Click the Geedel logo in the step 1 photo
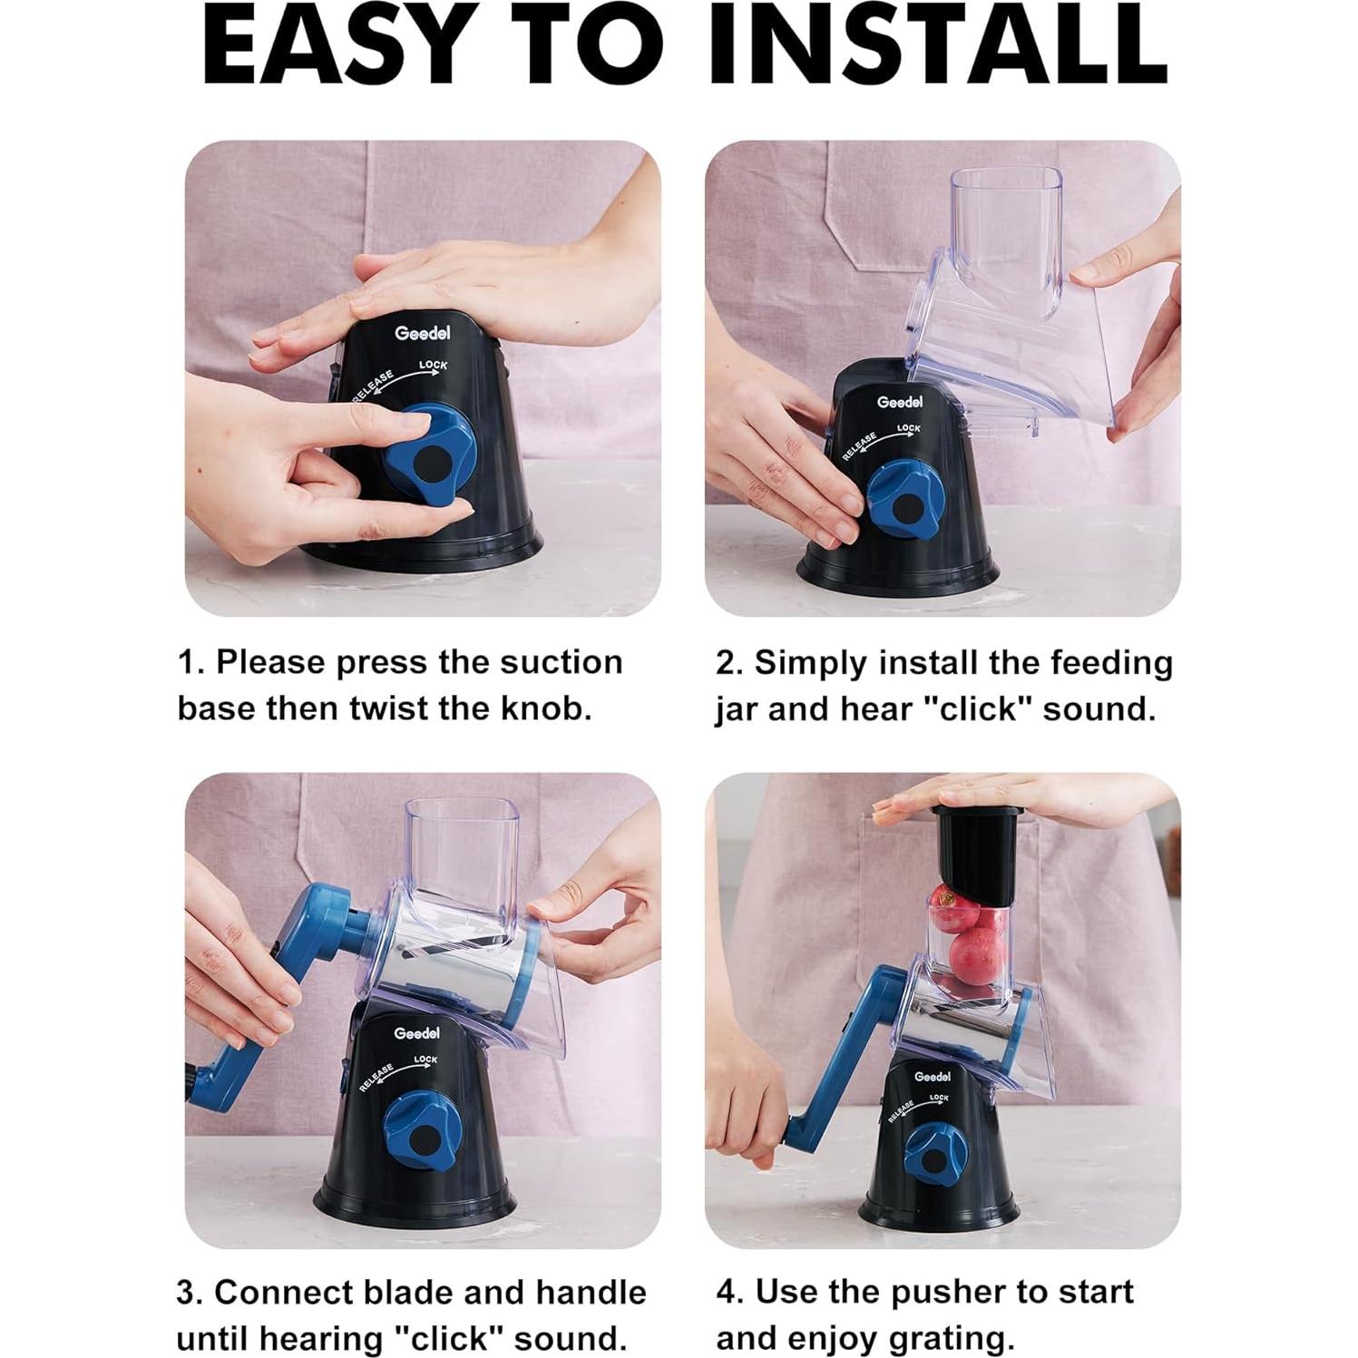point(423,333)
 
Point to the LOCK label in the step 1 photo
point(434,366)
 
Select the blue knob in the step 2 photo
point(904,503)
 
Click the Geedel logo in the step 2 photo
point(900,402)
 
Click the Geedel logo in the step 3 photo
point(417,1033)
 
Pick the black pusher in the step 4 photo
point(982,852)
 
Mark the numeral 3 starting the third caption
point(187,1293)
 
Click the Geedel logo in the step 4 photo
point(933,1076)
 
